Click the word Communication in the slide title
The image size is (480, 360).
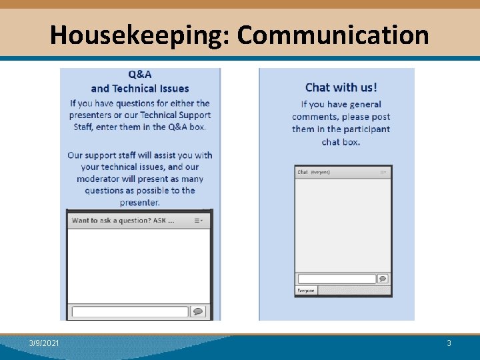[333, 35]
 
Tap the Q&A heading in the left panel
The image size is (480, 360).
[140, 75]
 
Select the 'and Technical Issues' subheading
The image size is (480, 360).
[140, 89]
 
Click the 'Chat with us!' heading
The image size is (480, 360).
[341, 87]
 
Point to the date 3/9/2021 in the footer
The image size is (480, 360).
[44, 343]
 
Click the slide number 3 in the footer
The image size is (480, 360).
[449, 343]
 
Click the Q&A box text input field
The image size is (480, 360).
[129, 311]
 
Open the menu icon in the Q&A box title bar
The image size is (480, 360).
[199, 220]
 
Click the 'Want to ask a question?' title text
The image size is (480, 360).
[123, 220]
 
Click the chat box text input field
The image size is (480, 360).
[337, 279]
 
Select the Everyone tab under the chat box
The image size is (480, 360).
[306, 291]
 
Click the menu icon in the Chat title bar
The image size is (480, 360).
[383, 172]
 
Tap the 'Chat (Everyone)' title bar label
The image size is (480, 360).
[313, 172]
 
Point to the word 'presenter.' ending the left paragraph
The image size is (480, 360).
[140, 203]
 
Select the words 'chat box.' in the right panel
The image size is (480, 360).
[341, 142]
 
